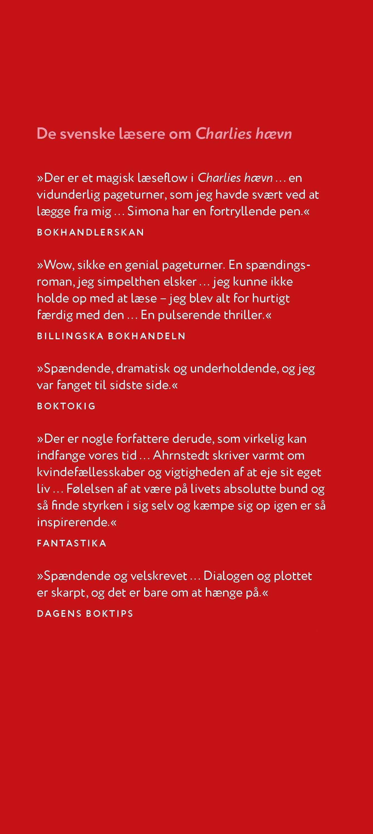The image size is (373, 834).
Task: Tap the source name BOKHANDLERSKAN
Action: [90, 232]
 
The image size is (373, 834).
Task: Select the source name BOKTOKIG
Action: [66, 406]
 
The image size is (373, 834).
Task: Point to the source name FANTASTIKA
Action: [72, 543]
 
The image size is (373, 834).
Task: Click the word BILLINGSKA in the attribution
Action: [70, 336]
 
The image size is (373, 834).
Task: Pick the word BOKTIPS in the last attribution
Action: [109, 613]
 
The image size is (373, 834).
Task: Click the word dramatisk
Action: [143, 368]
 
